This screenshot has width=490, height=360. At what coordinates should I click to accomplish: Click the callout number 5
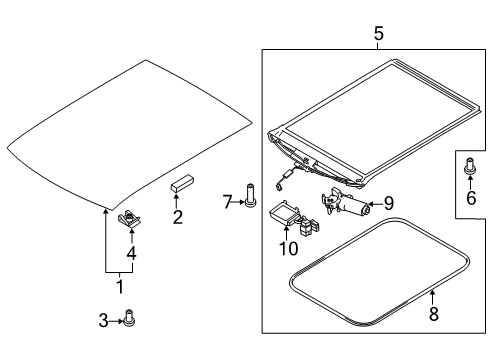point(378,35)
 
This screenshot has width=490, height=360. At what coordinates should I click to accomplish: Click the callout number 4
point(131,253)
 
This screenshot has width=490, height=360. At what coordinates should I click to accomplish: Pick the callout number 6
point(470,200)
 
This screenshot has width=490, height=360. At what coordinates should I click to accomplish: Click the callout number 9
point(390,200)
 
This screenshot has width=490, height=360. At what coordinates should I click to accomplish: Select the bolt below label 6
point(470,172)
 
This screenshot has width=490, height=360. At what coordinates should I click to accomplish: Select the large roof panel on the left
point(130,130)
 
